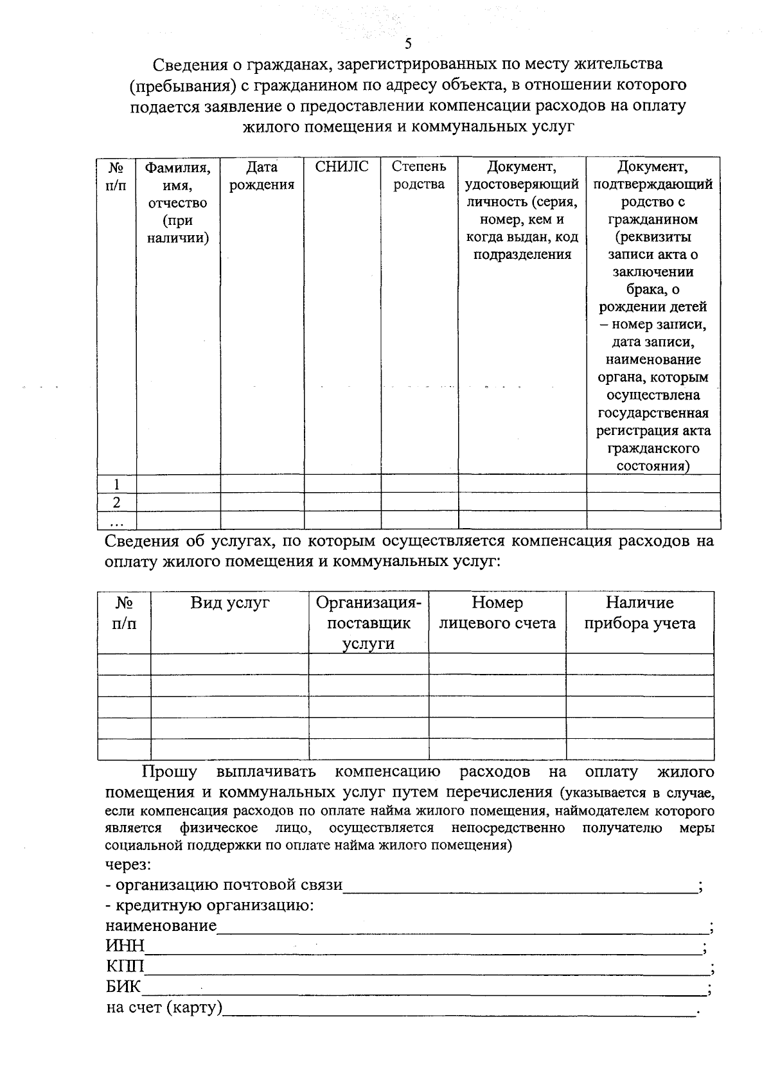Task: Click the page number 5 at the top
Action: coord(408,44)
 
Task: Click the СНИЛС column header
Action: coord(342,167)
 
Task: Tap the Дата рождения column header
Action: coord(261,176)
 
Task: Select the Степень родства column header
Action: coord(419,175)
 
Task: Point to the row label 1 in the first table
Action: coord(116,484)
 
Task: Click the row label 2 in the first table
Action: coord(116,502)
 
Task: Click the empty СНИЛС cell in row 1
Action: coord(342,484)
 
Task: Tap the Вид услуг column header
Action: coord(229,603)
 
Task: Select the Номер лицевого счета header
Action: coord(497,613)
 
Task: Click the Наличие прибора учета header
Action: coord(639,613)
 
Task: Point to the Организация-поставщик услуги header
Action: coord(368,623)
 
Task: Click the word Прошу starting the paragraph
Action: coord(170,772)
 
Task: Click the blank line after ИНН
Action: coord(424,948)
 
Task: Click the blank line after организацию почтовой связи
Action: coord(520,887)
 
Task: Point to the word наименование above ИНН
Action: coord(161,926)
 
